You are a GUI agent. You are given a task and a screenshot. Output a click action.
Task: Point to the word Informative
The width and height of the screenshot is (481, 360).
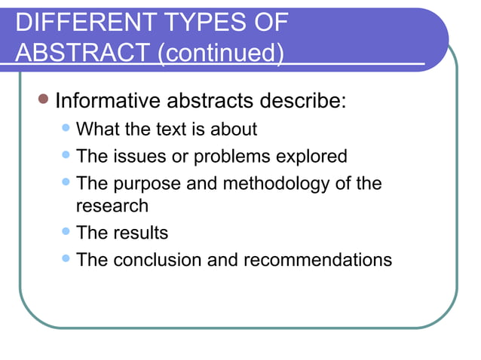tap(107, 100)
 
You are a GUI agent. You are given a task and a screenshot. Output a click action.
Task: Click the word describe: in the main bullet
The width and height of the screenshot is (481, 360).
tap(303, 100)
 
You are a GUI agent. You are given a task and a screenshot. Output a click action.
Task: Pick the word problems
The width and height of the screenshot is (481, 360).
tap(233, 157)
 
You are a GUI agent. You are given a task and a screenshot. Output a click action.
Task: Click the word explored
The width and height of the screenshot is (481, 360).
tap(311, 157)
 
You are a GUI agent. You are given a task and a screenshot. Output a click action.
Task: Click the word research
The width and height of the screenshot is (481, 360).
tap(112, 205)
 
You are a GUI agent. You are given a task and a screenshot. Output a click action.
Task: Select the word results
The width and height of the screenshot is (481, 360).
tap(140, 233)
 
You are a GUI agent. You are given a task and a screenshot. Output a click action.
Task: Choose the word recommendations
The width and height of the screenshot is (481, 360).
tap(317, 260)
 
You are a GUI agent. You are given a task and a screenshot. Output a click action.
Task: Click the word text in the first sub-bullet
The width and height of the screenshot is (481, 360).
tap(170, 130)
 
